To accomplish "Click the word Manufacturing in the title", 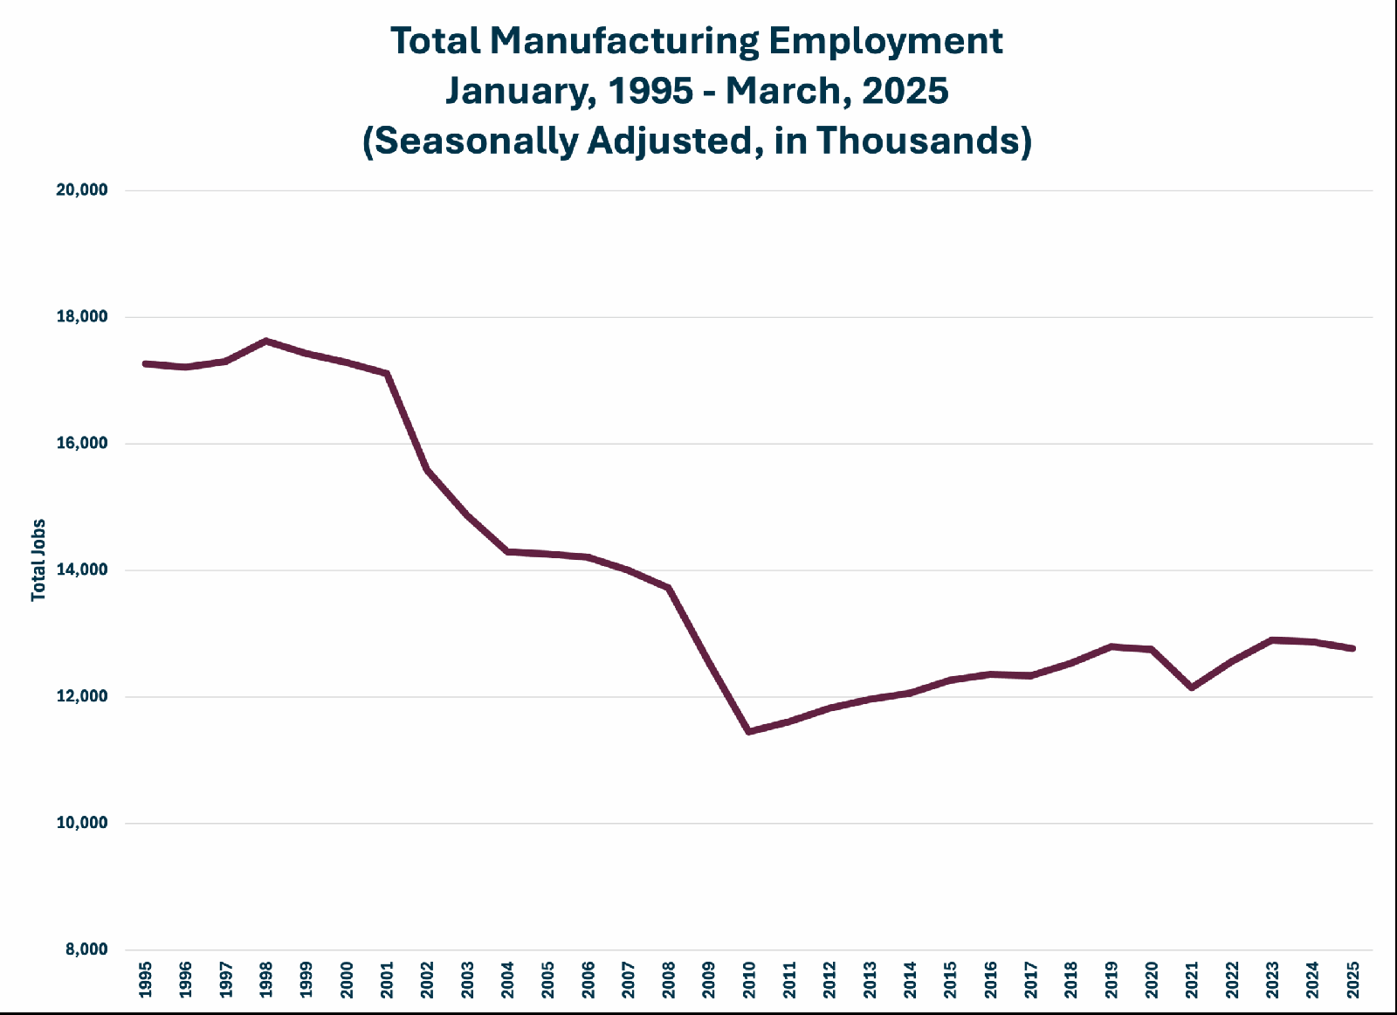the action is pyautogui.click(x=624, y=41).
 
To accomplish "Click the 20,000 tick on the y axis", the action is pyautogui.click(x=82, y=190).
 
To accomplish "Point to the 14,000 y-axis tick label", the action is pyautogui.click(x=82, y=570).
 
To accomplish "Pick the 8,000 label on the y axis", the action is pyautogui.click(x=86, y=949).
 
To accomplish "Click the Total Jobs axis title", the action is pyautogui.click(x=38, y=560).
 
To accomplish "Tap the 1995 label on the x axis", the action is pyautogui.click(x=145, y=980).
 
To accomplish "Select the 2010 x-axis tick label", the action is pyautogui.click(x=749, y=980).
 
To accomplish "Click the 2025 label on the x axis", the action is pyautogui.click(x=1352, y=980).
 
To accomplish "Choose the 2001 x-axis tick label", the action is pyautogui.click(x=387, y=980).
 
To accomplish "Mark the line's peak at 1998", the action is pyautogui.click(x=266, y=341).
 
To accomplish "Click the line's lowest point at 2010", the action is pyautogui.click(x=749, y=731).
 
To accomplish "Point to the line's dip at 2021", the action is pyautogui.click(x=1192, y=687).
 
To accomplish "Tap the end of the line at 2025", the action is pyautogui.click(x=1352, y=649).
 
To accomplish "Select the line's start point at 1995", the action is pyautogui.click(x=145, y=363).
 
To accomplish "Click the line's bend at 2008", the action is pyautogui.click(x=669, y=588).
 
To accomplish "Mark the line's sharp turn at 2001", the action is pyautogui.click(x=387, y=374).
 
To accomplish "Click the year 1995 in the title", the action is pyautogui.click(x=650, y=91).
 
